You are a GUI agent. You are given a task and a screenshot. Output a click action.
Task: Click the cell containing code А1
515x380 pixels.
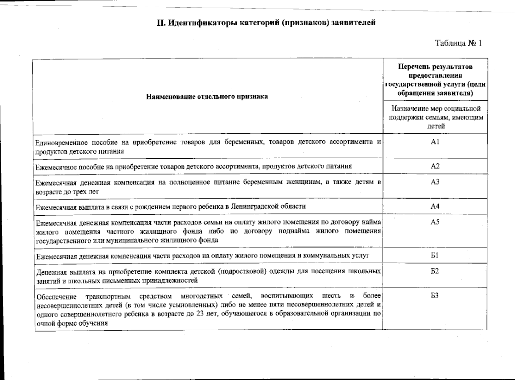pyautogui.click(x=435, y=142)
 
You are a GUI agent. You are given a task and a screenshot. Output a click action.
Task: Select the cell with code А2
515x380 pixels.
pyautogui.click(x=435, y=166)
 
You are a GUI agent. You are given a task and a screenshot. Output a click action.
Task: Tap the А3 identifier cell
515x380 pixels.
pyautogui.click(x=435, y=182)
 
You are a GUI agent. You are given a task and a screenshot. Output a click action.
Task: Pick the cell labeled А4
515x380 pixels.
pyautogui.click(x=435, y=206)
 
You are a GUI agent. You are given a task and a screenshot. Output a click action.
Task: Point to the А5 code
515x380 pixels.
pyautogui.click(x=435, y=222)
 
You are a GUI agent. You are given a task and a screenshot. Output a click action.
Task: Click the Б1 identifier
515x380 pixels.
pyautogui.click(x=435, y=255)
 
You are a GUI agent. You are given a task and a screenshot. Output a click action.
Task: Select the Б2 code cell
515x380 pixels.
pyautogui.click(x=435, y=271)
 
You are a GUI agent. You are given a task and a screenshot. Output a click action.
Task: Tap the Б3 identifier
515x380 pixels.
pyautogui.click(x=435, y=296)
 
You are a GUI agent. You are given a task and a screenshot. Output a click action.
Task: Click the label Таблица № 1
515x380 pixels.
pyautogui.click(x=458, y=43)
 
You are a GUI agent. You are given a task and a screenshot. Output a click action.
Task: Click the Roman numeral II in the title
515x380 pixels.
pyautogui.click(x=160, y=23)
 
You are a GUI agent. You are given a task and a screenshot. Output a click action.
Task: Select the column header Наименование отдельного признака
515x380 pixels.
pyautogui.click(x=207, y=96)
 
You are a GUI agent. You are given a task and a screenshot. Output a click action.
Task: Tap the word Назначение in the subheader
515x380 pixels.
pyautogui.click(x=410, y=109)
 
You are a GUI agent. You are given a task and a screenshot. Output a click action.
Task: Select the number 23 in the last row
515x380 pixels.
pyautogui.click(x=200, y=314)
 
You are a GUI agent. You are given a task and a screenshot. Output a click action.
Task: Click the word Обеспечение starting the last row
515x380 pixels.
pyautogui.click(x=57, y=297)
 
